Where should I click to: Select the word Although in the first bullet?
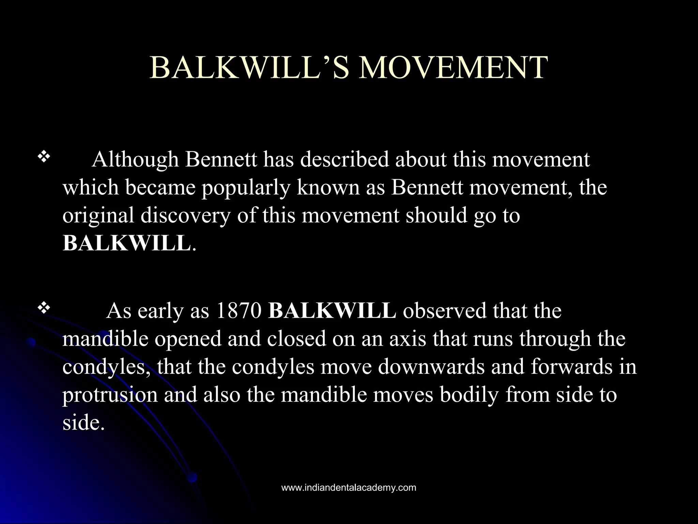135,160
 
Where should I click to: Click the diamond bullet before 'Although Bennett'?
44,157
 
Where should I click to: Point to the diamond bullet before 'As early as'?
44,308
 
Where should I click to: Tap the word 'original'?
98,216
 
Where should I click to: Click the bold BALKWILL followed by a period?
126,244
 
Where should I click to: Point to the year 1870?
239,311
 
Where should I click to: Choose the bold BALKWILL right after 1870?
332,311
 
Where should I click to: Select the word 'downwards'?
431,367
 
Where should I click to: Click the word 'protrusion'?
110,395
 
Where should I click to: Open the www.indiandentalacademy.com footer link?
349,487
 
